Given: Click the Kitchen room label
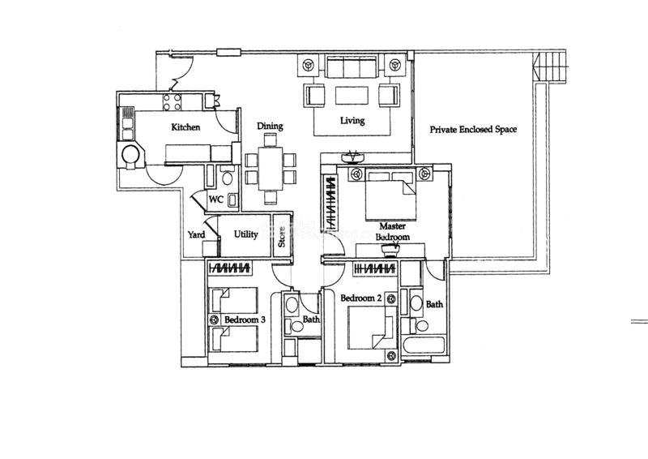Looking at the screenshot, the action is (185, 127).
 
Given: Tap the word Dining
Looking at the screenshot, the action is (270, 127).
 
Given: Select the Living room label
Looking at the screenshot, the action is (352, 121).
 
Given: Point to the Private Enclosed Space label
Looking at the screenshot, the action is (473, 129).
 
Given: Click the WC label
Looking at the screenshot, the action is (215, 199).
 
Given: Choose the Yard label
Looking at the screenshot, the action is (196, 234).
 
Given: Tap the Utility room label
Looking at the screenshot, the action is (246, 234).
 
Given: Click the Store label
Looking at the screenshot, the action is (282, 237).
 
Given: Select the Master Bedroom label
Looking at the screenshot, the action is (393, 232).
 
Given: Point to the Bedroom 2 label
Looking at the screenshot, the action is (360, 298).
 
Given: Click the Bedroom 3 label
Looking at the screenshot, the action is (245, 320).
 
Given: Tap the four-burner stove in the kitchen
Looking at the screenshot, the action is (173, 102).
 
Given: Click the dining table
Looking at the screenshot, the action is (271, 168).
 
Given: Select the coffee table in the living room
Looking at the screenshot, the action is (352, 95).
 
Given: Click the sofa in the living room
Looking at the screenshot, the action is (352, 66).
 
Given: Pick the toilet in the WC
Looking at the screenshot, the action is (227, 177).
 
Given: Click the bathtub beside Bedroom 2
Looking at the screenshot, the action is (424, 345).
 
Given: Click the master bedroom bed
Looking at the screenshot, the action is (390, 195).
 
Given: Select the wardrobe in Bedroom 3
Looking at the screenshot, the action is (230, 268).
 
